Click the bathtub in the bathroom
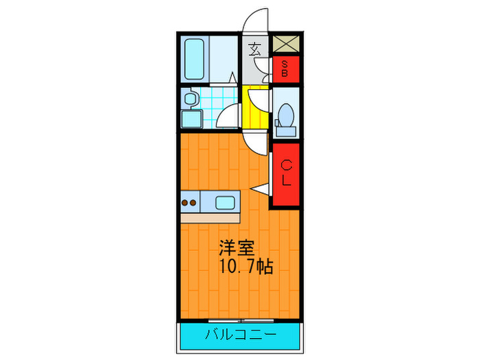(196, 60)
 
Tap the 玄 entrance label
(254, 49)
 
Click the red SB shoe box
(285, 69)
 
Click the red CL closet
(285, 174)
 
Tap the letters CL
(286, 173)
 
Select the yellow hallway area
(256, 109)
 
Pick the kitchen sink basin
(225, 202)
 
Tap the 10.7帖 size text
(245, 267)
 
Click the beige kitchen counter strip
(210, 217)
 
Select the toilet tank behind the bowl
(286, 127)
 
